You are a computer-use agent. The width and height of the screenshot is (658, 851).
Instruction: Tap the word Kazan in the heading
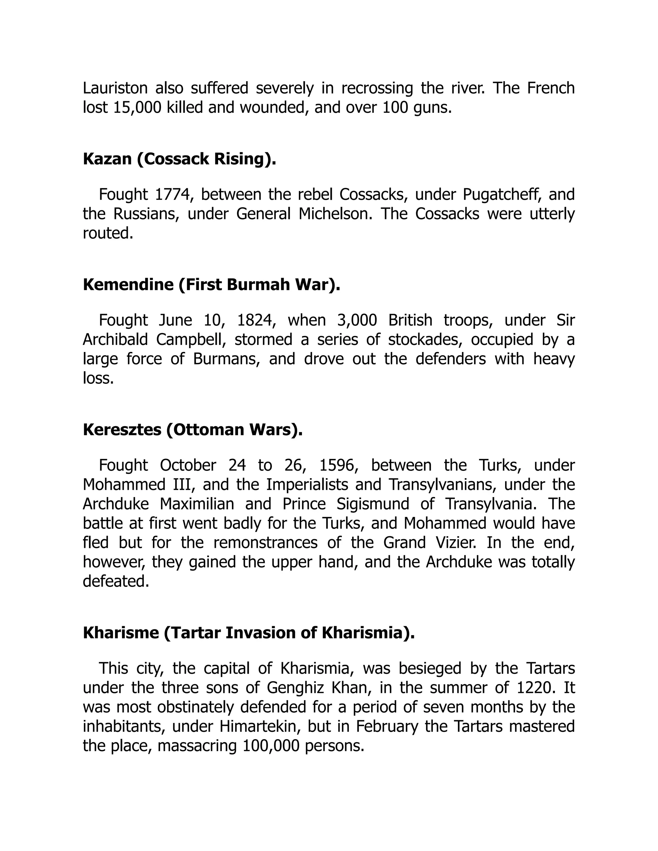coord(107,159)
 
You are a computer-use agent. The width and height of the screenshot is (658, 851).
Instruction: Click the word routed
coord(108,233)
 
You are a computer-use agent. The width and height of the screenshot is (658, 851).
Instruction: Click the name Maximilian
coord(197,504)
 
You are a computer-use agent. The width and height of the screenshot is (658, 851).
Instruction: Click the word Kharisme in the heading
coord(121,633)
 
